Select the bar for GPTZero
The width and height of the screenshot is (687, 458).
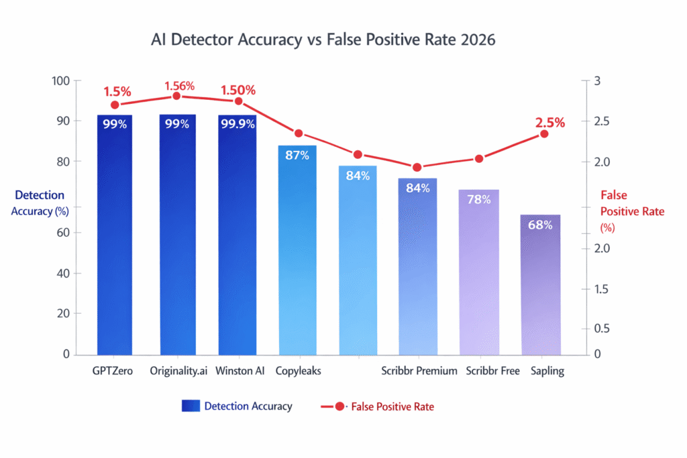pos(114,235)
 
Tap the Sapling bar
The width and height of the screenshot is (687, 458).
pos(540,285)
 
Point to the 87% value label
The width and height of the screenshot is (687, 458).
pos(297,156)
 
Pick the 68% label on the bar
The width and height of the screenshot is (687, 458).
pos(540,225)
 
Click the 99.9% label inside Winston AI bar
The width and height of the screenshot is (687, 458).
pos(237,124)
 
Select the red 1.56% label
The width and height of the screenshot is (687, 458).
pos(179,86)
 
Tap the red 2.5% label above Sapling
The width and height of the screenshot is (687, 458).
pos(549,123)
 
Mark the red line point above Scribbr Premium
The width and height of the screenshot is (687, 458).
pos(417,168)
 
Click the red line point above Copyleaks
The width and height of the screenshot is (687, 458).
pos(299,133)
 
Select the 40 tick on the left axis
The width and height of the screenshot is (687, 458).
pos(63,274)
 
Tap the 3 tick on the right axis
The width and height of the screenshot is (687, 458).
pos(598,81)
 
